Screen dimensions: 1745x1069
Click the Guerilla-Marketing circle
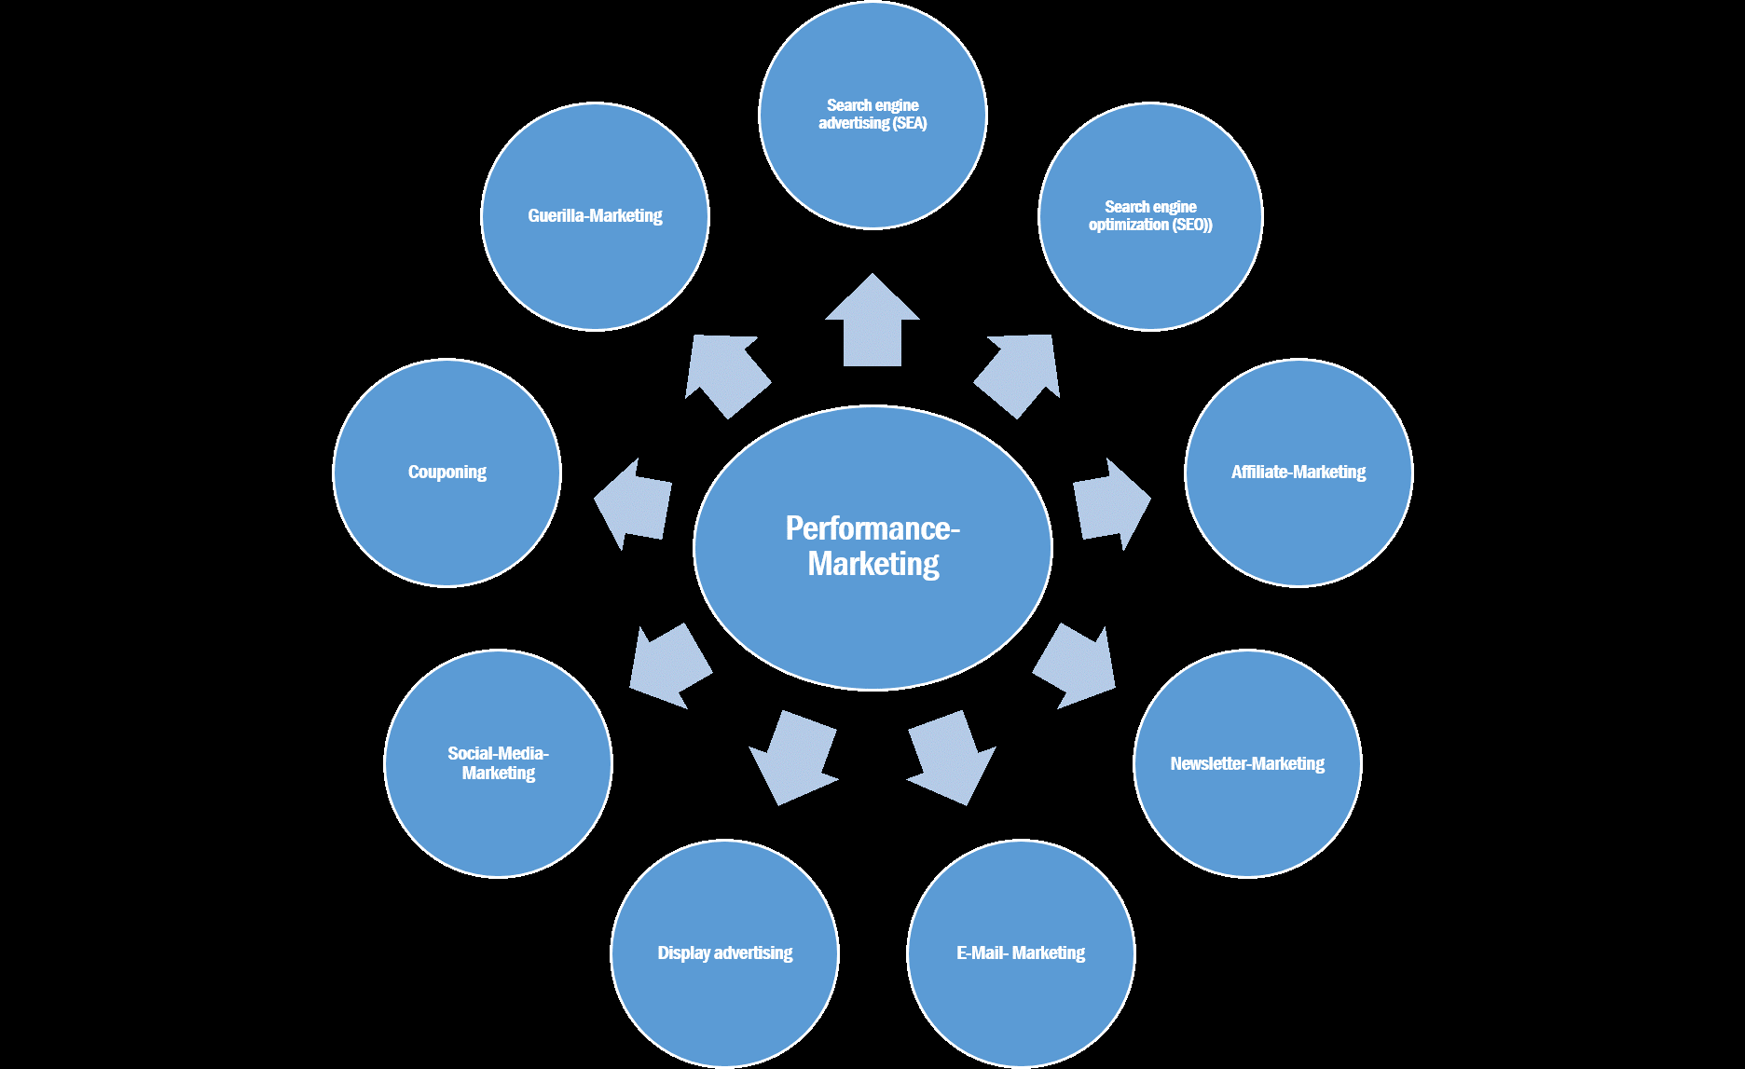pos(595,216)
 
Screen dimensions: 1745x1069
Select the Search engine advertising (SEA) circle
pos(872,115)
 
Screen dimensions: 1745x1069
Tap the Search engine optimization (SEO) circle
pos(1150,216)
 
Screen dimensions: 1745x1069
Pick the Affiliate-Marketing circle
pos(1298,473)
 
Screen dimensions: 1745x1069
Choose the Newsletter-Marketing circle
pos(1247,763)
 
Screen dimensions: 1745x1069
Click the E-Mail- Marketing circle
pos(1021,953)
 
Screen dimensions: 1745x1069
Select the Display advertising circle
pos(725,953)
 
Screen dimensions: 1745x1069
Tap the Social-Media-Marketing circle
pos(499,763)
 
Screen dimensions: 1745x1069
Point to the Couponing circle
pos(447,473)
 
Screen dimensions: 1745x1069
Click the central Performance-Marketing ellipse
pos(872,548)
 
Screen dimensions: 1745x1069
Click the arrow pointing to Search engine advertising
pos(872,320)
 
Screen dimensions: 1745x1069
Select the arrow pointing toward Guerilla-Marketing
pos(727,376)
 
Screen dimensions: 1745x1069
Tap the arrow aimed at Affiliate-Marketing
pos(1112,503)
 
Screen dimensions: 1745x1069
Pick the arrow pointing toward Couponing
pos(634,503)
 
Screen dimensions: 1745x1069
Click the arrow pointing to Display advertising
pos(793,758)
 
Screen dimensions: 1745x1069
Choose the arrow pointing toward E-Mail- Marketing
pos(952,758)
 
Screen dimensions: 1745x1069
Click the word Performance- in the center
pos(872,528)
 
